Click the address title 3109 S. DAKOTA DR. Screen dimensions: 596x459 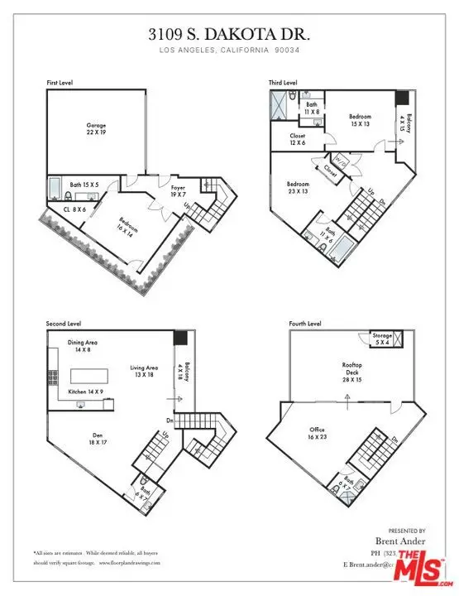(228, 36)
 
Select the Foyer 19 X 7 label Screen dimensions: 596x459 (177, 190)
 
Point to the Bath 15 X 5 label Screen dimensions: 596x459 (85, 185)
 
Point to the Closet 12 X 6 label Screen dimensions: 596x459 (299, 139)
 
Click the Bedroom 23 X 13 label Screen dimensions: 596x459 (299, 187)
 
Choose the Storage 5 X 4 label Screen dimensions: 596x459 (382, 339)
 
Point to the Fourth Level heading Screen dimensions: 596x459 (305, 324)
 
